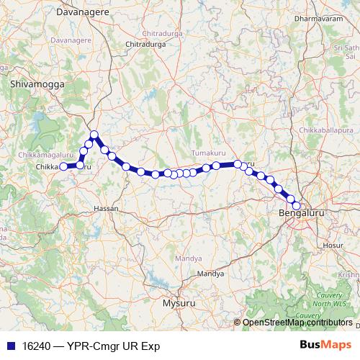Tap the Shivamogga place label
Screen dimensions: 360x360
click(x=37, y=84)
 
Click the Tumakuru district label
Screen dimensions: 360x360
click(x=210, y=153)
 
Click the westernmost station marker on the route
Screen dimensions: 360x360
click(x=63, y=166)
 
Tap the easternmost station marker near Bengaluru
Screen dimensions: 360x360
click(x=296, y=206)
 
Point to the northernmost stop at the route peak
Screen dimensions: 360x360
click(x=94, y=134)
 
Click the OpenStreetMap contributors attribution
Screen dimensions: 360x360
click(x=297, y=323)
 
